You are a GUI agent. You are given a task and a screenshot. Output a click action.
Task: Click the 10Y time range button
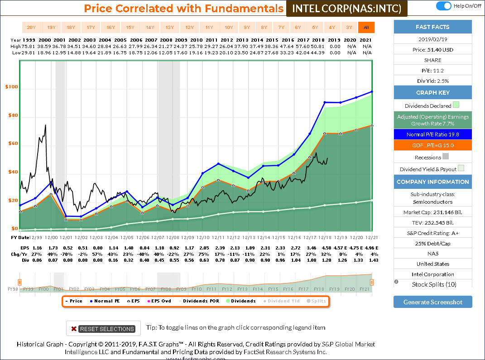229,27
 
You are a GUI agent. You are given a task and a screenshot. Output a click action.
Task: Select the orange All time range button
366,27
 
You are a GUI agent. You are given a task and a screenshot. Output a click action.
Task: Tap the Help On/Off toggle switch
444,6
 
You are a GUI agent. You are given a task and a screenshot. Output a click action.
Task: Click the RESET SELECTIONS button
103,329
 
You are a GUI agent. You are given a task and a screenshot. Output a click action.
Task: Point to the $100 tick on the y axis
12,86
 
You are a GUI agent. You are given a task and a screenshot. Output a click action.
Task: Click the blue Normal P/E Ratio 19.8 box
432,134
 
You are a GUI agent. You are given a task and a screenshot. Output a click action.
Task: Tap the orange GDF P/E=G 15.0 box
432,145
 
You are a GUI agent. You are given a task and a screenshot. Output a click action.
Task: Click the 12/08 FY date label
173,237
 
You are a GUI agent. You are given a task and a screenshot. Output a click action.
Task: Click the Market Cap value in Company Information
432,212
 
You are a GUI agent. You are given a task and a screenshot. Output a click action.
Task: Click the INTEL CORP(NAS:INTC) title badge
347,9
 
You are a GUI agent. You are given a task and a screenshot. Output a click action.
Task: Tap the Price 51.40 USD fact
432,50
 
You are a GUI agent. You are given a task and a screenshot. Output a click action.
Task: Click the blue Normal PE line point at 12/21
371,91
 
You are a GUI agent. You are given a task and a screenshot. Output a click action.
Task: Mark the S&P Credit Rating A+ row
432,233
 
